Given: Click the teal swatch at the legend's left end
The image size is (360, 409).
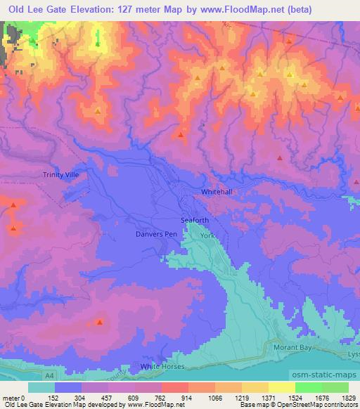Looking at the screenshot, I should click(x=41, y=387).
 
